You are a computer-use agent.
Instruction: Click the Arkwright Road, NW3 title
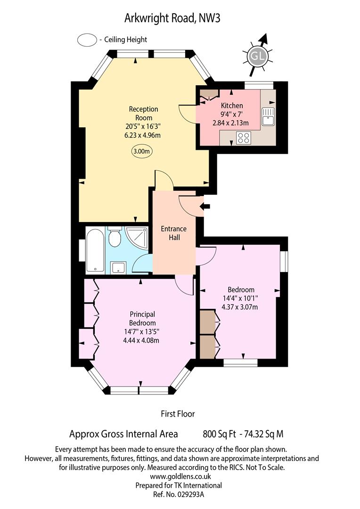click(172, 18)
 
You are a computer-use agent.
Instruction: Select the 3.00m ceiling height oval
click(142, 151)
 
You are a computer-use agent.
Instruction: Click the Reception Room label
click(143, 113)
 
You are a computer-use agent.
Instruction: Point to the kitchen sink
click(269, 116)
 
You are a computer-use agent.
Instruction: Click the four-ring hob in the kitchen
click(244, 138)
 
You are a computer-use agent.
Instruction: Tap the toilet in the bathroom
click(114, 238)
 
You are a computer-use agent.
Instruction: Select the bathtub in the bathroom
click(95, 250)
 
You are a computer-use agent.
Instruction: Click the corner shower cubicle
click(137, 238)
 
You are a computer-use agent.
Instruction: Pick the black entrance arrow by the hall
click(205, 206)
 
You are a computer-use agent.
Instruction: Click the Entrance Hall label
click(174, 233)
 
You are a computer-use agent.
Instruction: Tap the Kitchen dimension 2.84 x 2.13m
click(230, 123)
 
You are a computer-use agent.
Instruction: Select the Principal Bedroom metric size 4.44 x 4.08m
click(141, 341)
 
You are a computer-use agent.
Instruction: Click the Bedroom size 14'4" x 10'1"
click(240, 298)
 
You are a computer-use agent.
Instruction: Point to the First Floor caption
click(178, 414)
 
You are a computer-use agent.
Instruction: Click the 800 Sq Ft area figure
click(220, 434)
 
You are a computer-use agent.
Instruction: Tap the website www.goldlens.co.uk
click(180, 476)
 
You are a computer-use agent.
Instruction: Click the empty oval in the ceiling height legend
click(87, 40)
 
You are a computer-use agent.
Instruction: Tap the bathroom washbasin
click(117, 268)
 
